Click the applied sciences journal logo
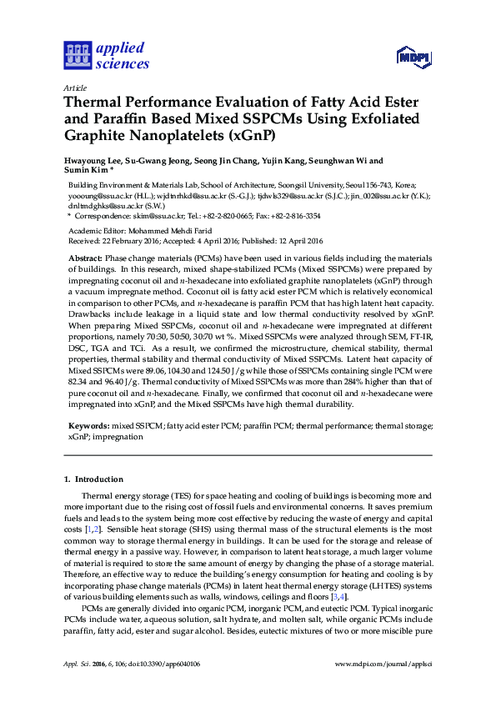107,56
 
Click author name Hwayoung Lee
91,161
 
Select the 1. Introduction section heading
93,479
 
